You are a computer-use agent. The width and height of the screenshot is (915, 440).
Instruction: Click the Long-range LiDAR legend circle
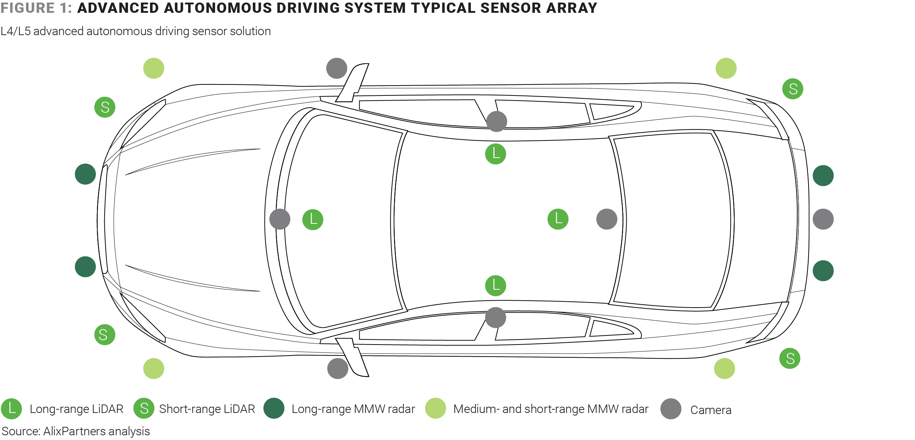pyautogui.click(x=11, y=409)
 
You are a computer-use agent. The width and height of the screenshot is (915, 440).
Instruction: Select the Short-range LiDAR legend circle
pyautogui.click(x=144, y=409)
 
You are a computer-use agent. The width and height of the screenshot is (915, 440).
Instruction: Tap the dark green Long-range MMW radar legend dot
pyautogui.click(x=274, y=408)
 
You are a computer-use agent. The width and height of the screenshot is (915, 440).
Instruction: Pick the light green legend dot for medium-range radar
pyautogui.click(x=435, y=408)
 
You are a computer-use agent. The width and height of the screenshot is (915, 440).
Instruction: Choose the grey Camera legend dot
pyautogui.click(x=671, y=409)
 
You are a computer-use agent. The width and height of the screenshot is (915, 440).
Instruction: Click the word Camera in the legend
pyautogui.click(x=710, y=410)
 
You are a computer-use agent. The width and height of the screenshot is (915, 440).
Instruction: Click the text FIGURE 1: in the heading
pyautogui.click(x=36, y=8)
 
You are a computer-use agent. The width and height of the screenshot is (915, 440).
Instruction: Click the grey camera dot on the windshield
pyautogui.click(x=280, y=219)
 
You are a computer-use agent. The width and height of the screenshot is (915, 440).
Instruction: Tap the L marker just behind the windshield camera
pyautogui.click(x=312, y=219)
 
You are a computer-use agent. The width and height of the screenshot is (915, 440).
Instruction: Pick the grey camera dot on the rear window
pyautogui.click(x=607, y=219)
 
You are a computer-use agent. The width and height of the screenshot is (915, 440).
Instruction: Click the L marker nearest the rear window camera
pyautogui.click(x=558, y=219)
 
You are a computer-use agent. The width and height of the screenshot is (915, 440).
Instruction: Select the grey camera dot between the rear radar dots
pyautogui.click(x=823, y=219)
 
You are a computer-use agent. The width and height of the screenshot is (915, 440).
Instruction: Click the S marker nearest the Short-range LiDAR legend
pyautogui.click(x=105, y=334)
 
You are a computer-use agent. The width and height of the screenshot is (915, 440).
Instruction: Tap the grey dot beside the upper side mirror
pyautogui.click(x=336, y=68)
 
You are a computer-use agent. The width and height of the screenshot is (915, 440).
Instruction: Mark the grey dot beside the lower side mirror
pyautogui.click(x=337, y=368)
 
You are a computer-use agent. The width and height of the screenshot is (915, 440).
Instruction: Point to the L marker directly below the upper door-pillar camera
pyautogui.click(x=495, y=154)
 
